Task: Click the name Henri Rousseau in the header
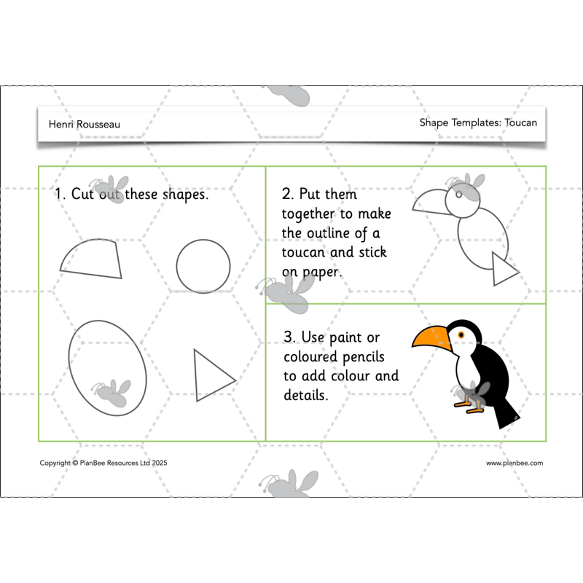(84, 124)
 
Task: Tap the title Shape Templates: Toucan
(478, 122)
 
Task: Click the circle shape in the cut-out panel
(203, 266)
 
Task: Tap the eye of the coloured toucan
(461, 334)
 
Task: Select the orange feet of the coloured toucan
(467, 404)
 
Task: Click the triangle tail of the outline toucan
(503, 270)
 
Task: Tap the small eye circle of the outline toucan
(458, 195)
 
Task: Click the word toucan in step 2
(302, 252)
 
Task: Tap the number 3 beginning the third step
(289, 338)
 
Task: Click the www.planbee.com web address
(514, 463)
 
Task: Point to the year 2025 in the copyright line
(160, 463)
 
